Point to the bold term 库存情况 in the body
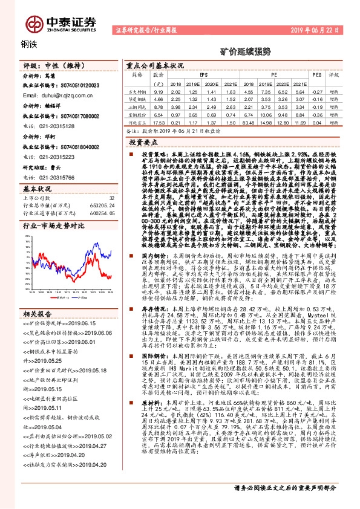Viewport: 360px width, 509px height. pos(151,324)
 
